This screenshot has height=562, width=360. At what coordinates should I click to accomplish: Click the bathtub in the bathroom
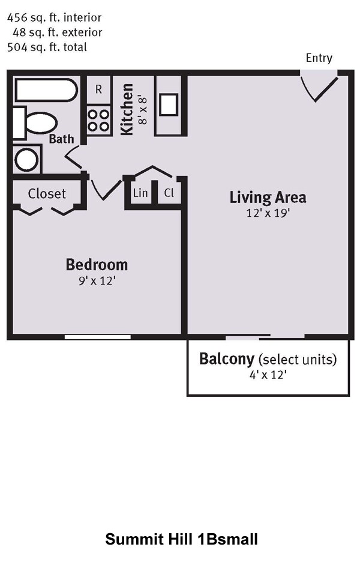click(46, 90)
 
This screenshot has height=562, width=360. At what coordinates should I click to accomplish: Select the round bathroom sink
click(26, 160)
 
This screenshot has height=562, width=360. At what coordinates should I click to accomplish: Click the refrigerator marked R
click(98, 89)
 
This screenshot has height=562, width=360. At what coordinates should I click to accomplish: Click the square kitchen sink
click(169, 104)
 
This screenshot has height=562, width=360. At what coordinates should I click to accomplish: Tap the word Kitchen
click(127, 110)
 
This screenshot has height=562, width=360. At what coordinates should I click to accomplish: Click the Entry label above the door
click(319, 58)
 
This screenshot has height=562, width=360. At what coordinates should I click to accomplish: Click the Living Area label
click(268, 198)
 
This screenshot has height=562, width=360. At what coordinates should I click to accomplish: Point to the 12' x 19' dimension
click(268, 213)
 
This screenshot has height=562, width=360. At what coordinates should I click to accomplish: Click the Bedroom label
click(97, 265)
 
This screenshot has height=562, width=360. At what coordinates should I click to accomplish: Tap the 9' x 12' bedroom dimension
click(97, 280)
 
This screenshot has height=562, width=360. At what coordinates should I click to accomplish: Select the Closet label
click(47, 194)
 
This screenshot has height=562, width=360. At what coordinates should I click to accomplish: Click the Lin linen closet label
click(140, 193)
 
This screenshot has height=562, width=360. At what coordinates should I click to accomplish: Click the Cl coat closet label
click(169, 193)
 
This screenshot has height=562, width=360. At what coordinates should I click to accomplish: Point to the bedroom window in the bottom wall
click(97, 337)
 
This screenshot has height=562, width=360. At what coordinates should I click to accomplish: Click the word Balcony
click(226, 359)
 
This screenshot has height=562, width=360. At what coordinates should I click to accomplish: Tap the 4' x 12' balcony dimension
click(268, 375)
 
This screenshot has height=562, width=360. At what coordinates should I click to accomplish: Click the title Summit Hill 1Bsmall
click(181, 539)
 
